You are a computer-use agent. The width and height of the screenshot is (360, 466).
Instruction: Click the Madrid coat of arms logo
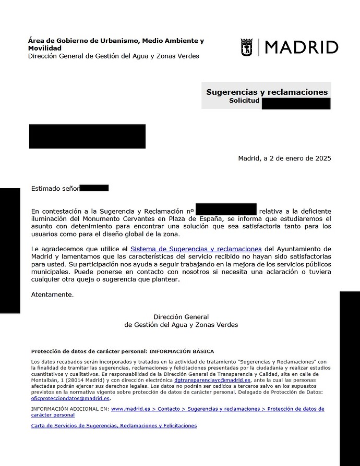coord(247,47)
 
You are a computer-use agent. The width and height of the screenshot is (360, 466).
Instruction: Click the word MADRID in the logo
coord(302,47)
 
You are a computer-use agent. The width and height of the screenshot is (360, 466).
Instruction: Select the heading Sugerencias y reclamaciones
coord(267,92)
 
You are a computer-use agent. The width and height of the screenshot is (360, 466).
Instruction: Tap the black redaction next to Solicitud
coord(296,103)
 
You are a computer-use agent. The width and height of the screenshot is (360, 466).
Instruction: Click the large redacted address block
coord(87,137)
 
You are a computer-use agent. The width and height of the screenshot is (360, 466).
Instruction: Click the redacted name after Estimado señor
coord(94,188)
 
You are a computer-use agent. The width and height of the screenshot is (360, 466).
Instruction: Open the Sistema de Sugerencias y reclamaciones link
coord(196,249)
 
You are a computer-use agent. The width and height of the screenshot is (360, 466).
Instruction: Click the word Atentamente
coord(52,295)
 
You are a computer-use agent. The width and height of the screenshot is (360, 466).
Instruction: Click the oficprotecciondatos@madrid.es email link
coord(70,398)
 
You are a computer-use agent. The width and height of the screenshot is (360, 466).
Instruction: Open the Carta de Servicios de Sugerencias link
coord(114,426)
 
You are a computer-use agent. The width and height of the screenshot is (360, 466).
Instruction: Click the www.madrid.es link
coord(130,409)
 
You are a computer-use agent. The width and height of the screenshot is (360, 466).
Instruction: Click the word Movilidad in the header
coord(44,48)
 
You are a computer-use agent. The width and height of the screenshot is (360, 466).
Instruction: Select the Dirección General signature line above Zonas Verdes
coord(181,317)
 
